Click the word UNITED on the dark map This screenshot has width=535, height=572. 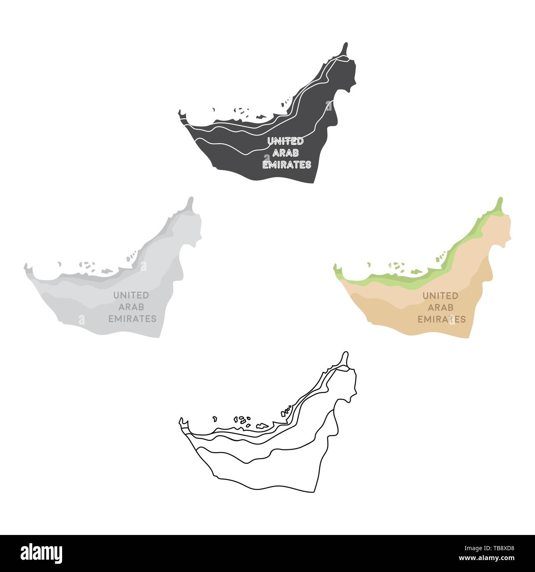point(285,141)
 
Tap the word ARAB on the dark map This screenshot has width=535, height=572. point(285,153)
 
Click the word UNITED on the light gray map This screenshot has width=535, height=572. point(131,295)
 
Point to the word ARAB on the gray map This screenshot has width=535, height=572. point(130,306)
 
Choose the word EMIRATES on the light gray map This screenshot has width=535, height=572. point(132,318)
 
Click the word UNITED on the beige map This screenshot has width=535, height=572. point(440,295)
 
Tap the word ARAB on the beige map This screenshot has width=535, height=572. point(441,307)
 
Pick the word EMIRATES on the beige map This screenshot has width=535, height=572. point(442,319)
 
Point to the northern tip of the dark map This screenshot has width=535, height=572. point(347,44)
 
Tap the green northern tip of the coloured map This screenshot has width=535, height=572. point(500,200)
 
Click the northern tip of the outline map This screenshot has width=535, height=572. point(347,353)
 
